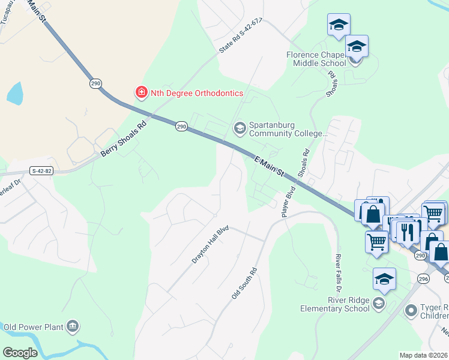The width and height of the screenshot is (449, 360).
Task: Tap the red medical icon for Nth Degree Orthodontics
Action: (x=141, y=92)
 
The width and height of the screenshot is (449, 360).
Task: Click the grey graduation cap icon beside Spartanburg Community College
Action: (x=240, y=128)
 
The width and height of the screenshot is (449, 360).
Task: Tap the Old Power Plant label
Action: (x=34, y=327)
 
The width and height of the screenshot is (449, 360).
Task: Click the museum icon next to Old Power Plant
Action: (x=73, y=327)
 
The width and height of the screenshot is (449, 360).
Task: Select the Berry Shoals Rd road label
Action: (x=123, y=140)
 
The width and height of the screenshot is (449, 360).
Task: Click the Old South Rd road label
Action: (x=244, y=284)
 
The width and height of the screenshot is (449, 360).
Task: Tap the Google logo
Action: (x=20, y=353)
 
